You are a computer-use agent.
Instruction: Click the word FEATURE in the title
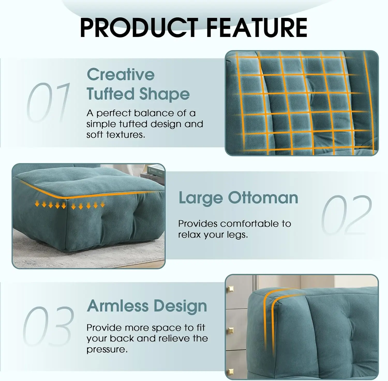[257, 28]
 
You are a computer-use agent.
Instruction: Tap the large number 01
[48, 102]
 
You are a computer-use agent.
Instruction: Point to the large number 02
[347, 215]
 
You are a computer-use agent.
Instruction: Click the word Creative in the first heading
[121, 74]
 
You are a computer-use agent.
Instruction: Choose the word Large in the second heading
[201, 198]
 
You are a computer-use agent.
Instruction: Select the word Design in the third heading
[180, 307]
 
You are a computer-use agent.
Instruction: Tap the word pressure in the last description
[107, 350]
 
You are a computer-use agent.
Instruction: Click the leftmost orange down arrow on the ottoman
[37, 204]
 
